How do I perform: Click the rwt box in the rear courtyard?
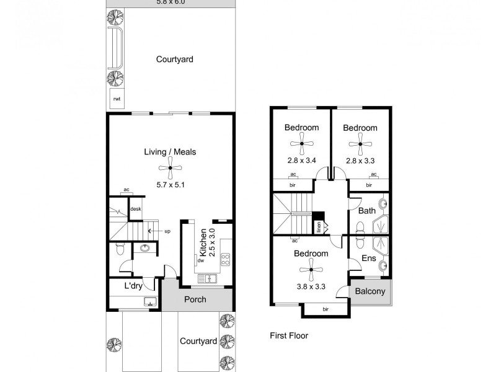[x=115, y=99]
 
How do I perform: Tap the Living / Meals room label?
[x=170, y=152]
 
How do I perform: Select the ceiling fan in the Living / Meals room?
[x=170, y=167]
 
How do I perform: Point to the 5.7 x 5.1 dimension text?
[x=170, y=184]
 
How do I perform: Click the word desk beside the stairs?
[x=135, y=209]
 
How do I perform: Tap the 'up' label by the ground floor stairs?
[x=167, y=231]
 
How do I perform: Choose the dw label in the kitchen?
[x=200, y=261]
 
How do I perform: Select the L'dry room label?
[x=134, y=286]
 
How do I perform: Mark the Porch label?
[x=196, y=299]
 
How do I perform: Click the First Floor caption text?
[x=289, y=335]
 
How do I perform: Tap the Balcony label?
[x=371, y=291]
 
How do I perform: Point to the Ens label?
[x=368, y=259]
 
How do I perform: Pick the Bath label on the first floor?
[x=368, y=211]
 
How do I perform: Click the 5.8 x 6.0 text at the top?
[x=170, y=2]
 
